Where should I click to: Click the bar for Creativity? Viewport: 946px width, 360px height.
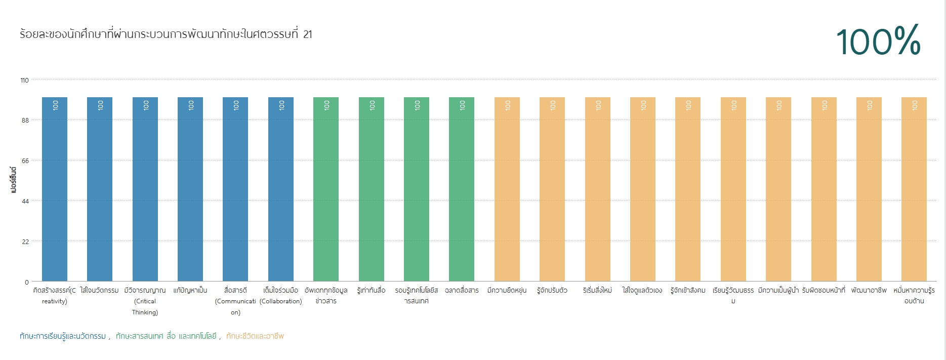point(55,189)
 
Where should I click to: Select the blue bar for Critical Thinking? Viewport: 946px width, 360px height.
point(145,189)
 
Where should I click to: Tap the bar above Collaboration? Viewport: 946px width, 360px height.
point(281,189)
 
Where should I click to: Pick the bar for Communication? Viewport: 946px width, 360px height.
point(235,189)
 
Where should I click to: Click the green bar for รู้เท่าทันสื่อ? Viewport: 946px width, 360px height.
point(372,189)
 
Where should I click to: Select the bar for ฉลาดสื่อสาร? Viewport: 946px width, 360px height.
point(462,189)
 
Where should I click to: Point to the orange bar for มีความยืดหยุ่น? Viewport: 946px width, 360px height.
point(507,189)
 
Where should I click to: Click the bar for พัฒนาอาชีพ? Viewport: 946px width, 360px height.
point(869,189)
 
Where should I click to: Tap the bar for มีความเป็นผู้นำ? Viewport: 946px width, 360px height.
point(778,189)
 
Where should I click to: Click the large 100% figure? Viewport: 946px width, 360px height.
point(878,41)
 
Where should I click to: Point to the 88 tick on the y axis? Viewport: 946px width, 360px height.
point(25,121)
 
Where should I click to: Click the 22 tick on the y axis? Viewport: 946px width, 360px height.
point(25,242)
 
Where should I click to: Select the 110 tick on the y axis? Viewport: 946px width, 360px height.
point(24,80)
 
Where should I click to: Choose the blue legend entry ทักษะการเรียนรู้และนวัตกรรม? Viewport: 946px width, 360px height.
point(63,336)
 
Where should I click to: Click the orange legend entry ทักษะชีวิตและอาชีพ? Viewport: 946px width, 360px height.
point(255,336)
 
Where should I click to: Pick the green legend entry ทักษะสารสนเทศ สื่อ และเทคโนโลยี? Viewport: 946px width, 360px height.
point(166,336)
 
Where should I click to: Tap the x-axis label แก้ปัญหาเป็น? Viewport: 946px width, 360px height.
point(190,291)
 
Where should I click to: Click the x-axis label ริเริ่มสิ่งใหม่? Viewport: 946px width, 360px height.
point(598,291)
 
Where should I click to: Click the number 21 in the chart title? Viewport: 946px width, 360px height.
point(308,34)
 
